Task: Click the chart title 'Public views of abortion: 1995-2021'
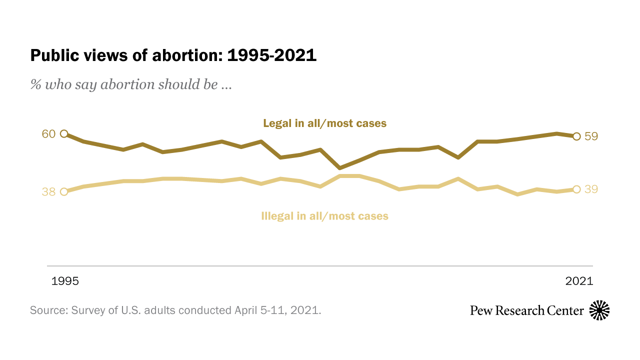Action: [173, 55]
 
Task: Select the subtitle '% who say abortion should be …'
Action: [131, 84]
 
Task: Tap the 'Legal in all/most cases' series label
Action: [324, 123]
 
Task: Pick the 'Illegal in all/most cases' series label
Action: [324, 216]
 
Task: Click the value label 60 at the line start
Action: [48, 134]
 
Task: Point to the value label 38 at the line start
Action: [48, 192]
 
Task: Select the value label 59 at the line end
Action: [591, 136]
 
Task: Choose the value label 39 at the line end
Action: [591, 189]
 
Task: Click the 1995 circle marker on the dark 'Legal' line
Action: [64, 133]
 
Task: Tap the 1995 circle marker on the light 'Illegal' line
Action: [64, 191]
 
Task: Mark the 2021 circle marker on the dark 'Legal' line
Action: [576, 136]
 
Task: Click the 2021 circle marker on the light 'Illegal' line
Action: [576, 189]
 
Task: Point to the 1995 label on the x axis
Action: [65, 281]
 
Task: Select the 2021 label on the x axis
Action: [579, 281]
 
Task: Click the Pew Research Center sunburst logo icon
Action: [599, 310]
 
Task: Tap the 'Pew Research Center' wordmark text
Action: [526, 310]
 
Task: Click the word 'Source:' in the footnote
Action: [49, 310]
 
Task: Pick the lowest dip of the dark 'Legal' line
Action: [340, 168]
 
